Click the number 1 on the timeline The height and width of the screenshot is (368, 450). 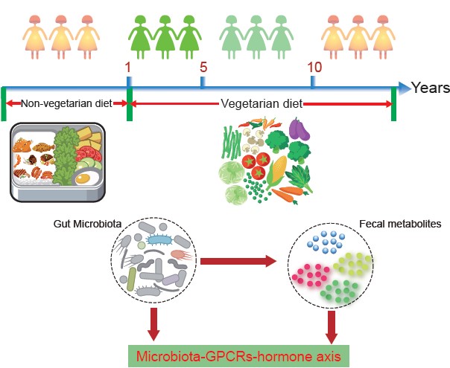[127, 68]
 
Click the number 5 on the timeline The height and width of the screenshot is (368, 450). [203, 66]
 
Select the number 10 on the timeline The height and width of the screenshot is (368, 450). [314, 67]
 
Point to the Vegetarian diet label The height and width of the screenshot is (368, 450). [261, 104]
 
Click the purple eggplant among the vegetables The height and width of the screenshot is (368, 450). [300, 129]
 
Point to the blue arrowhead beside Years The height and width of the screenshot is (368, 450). [402, 88]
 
